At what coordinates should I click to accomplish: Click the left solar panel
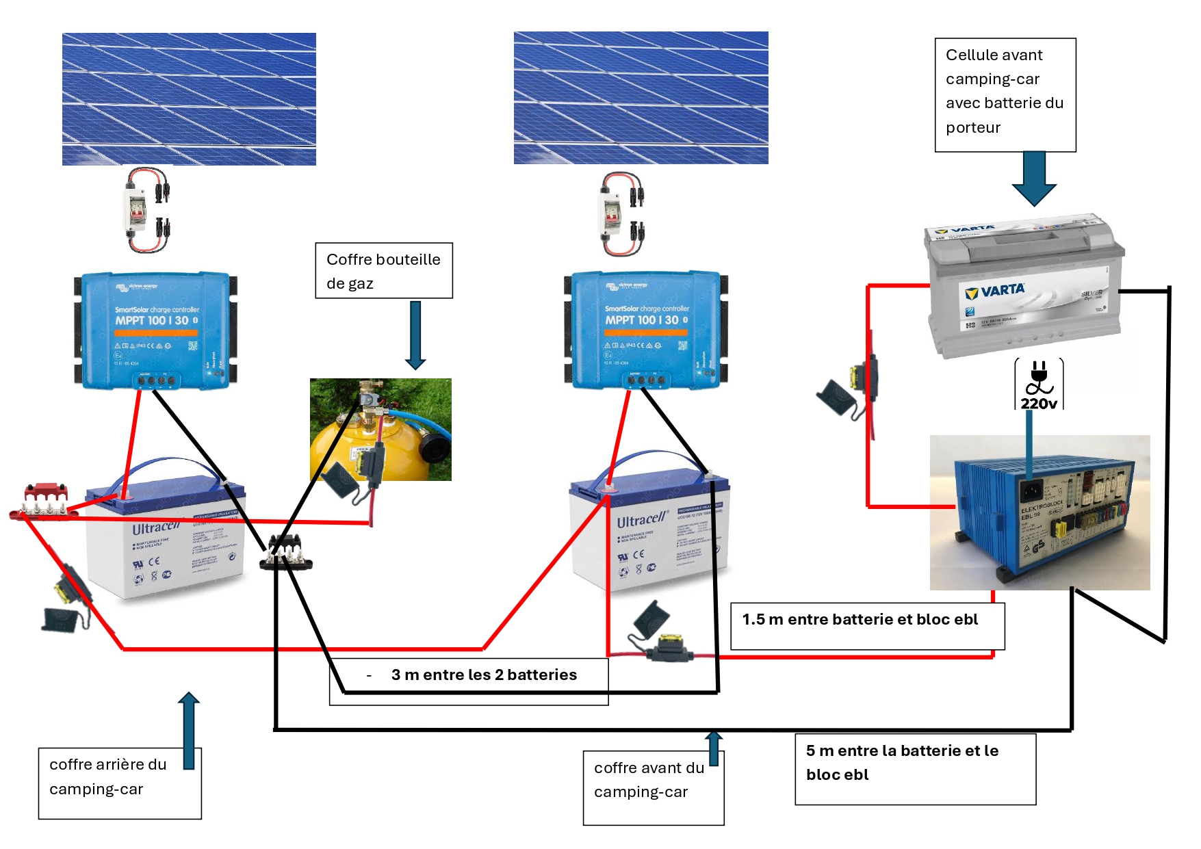point(189,99)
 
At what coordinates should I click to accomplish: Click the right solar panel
point(641,98)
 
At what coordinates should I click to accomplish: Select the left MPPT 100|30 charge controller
point(156,331)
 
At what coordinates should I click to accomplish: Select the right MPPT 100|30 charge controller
point(646,330)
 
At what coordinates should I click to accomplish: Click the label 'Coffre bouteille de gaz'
point(383,271)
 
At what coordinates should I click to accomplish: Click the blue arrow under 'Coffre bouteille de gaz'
point(415,335)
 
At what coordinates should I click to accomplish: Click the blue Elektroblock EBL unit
point(1040,513)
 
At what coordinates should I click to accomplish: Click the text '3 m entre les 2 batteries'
point(483,675)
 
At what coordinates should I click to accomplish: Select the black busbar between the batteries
point(286,556)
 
